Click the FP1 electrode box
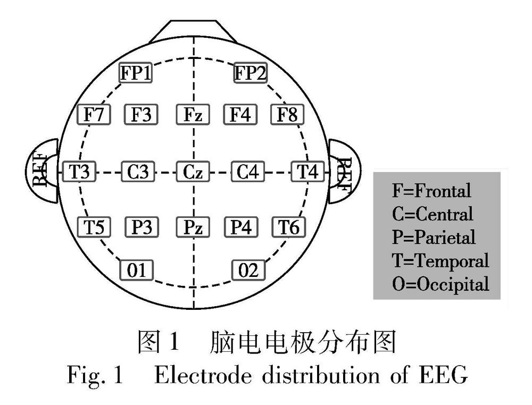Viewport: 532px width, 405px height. (135, 73)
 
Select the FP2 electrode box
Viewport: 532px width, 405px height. (251, 73)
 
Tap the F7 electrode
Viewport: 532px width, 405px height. (94, 115)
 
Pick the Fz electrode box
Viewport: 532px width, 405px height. (193, 115)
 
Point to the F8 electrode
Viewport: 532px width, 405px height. (288, 115)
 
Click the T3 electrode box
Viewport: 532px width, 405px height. (79, 171)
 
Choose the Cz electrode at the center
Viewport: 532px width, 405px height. (193, 171)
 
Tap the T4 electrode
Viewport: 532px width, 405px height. (307, 171)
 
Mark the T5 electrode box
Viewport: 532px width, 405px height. (94, 227)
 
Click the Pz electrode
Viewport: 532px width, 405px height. (193, 227)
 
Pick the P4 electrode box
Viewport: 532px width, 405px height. (240, 227)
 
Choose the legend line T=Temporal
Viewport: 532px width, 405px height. (439, 260)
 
